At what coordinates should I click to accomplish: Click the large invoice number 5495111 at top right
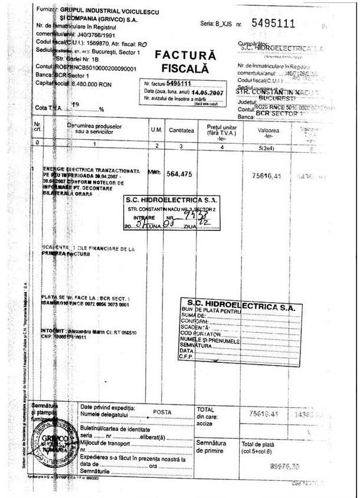coord(273,24)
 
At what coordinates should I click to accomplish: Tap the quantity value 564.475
coord(181,174)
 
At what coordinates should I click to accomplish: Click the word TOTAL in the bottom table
coord(205,409)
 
